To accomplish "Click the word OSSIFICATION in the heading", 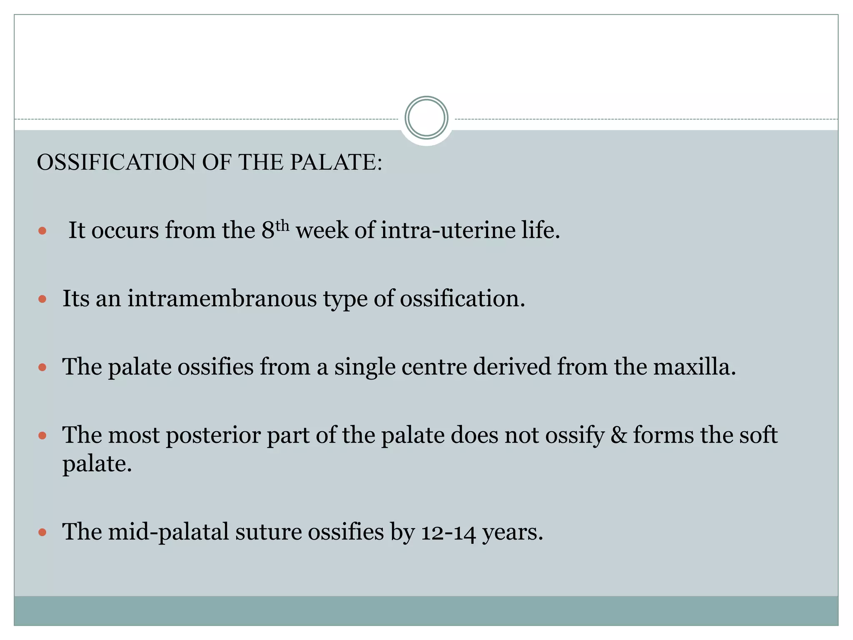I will tap(116, 162).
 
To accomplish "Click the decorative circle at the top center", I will tap(426, 118).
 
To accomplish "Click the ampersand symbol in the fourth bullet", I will tap(619, 435).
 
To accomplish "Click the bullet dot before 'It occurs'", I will tap(42, 230).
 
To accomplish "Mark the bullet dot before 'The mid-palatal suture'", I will tap(42, 532).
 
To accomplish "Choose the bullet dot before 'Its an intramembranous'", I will tap(42, 299).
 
